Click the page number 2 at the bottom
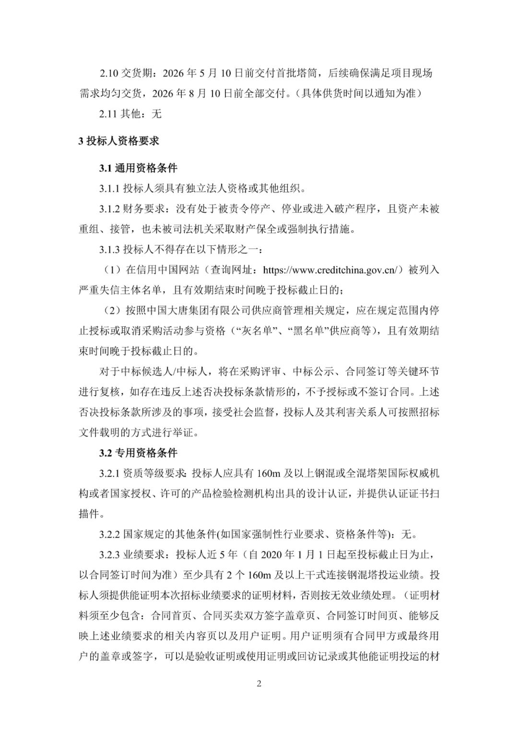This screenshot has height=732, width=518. pos(259,684)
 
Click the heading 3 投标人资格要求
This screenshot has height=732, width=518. pos(118,141)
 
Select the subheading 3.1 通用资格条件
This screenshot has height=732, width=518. pos(138,168)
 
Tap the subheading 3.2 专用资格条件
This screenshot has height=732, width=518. pos(138,453)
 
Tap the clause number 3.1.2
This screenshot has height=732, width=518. pos(109,209)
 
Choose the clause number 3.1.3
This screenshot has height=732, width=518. pos(109,249)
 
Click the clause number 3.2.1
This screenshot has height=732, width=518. pos(109,474)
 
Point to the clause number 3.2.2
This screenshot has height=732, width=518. pos(109,534)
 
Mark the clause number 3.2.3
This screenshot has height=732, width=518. pos(109,555)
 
